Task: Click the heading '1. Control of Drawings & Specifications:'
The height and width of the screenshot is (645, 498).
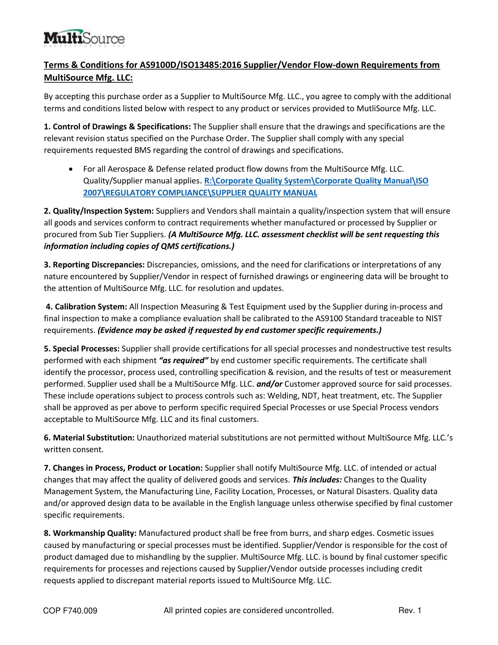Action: pyautogui.click(x=117, y=127)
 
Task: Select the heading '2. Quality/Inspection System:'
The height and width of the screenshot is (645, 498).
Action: pyautogui.click(x=99, y=211)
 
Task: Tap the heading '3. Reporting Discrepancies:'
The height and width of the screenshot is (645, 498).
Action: pyautogui.click(x=94, y=265)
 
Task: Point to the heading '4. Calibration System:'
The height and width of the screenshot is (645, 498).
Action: pyautogui.click(x=86, y=307)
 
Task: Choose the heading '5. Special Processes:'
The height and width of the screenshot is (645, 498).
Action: pyautogui.click(x=82, y=349)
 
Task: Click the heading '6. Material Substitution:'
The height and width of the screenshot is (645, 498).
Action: pyautogui.click(x=89, y=438)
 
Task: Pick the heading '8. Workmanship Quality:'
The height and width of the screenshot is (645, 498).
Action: pyautogui.click(x=90, y=533)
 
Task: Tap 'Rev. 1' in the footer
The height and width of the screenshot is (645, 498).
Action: pyautogui.click(x=409, y=610)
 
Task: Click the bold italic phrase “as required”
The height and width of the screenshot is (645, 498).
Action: pyautogui.click(x=183, y=361)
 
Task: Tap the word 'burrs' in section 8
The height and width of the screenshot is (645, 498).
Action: pyautogui.click(x=301, y=533)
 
